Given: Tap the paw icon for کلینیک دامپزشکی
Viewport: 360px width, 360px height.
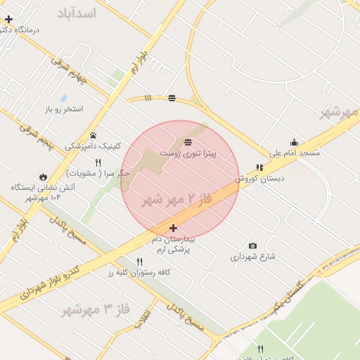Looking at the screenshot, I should pyautogui.click(x=93, y=136).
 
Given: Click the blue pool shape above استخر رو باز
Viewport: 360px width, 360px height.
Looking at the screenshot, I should pyautogui.click(x=64, y=98).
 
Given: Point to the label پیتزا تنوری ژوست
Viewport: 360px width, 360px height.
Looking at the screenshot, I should pyautogui.click(x=188, y=153).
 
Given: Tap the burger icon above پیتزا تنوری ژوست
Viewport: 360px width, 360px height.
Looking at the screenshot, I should pyautogui.click(x=188, y=142).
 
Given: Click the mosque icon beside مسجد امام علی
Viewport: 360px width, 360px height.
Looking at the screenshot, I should pyautogui.click(x=293, y=143).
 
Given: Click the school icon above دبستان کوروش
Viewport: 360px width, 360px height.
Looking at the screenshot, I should pyautogui.click(x=259, y=168).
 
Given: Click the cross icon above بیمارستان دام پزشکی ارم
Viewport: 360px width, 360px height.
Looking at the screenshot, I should pyautogui.click(x=174, y=229).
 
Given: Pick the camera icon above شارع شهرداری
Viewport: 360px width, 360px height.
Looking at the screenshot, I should pyautogui.click(x=252, y=246).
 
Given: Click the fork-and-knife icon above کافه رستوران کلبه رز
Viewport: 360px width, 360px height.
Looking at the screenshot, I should pyautogui.click(x=139, y=262).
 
